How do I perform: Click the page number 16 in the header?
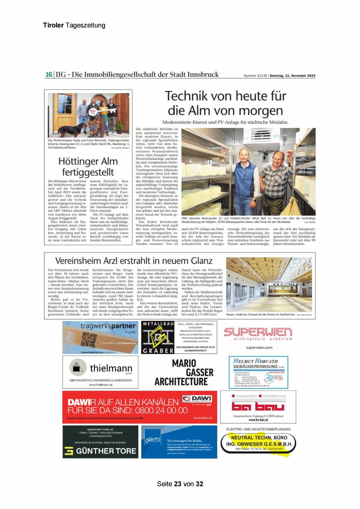pos(48,75)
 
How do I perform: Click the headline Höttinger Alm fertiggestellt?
pos(88,166)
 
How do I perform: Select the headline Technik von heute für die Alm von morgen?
pos(225,103)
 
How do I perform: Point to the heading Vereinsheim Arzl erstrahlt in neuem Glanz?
pos(134,260)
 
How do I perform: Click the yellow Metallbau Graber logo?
pos(158,336)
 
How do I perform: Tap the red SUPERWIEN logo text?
pos(258,332)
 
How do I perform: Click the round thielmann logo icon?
pos(78,367)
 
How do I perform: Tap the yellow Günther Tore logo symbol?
pos(69,451)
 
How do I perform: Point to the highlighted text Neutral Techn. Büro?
pos(259,437)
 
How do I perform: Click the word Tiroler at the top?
pos(53,25)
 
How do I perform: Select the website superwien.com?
pos(259,347)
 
